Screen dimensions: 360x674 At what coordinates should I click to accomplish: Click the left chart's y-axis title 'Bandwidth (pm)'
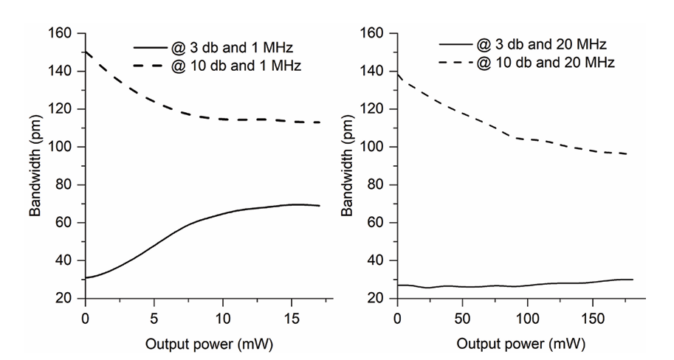tap(35, 166)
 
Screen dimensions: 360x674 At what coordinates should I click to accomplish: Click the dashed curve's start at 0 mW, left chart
tap(86, 52)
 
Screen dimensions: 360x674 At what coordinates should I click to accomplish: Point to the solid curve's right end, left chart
tap(320, 206)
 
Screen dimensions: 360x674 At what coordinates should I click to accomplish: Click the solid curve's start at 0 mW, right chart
tap(398, 285)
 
